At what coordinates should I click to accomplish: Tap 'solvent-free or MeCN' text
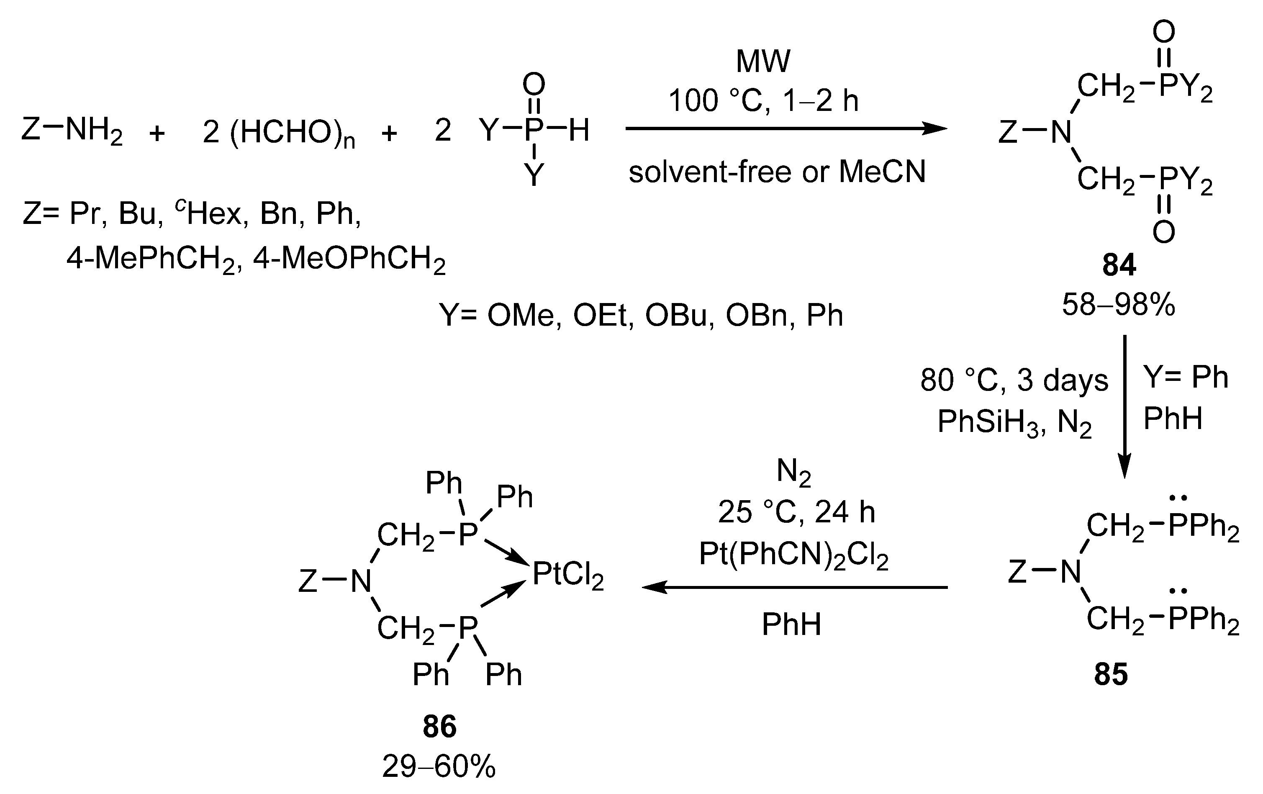pos(777,172)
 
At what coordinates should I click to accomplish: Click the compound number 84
pos(1119,265)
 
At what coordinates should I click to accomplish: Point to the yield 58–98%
pos(1119,305)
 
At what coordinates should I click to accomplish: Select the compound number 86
pos(439,727)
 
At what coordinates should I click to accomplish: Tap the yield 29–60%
pos(439,767)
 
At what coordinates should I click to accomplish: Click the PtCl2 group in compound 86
pos(568,574)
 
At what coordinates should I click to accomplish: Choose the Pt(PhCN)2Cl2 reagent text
pos(793,554)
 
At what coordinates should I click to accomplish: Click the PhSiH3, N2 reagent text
pos(1014,421)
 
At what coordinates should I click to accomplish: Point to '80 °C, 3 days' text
pos(1014,380)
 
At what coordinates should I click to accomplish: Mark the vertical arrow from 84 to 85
pos(1124,406)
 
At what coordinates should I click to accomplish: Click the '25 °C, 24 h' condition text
pos(796,512)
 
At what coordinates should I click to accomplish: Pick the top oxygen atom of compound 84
pos(1164,33)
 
